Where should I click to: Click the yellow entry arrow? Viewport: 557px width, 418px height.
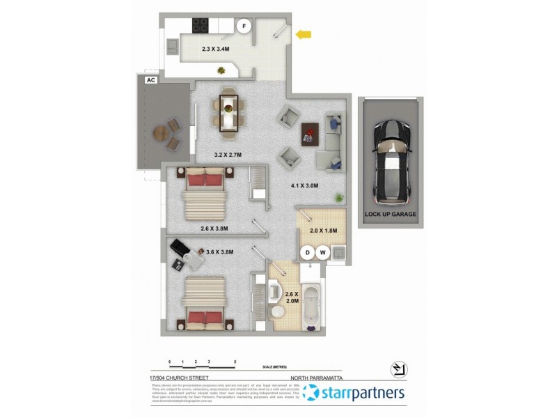[x=303, y=34]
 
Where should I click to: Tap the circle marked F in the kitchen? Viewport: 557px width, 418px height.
[x=244, y=26]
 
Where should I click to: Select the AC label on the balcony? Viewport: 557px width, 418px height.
[x=150, y=81]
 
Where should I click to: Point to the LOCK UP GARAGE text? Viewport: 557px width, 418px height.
[x=390, y=215]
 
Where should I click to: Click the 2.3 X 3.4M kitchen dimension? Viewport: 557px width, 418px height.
[x=216, y=49]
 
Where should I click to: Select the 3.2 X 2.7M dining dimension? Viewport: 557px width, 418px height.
[x=227, y=155]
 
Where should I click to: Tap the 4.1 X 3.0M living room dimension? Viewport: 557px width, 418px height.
[x=304, y=186]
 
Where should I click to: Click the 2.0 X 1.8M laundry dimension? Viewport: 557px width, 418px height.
[x=322, y=231]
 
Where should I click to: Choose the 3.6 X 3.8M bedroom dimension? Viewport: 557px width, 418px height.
[x=219, y=252]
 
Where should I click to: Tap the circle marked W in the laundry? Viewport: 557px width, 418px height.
[x=322, y=252]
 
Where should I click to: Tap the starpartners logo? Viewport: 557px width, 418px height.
[x=355, y=394]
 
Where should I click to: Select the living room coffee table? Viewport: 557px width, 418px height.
[x=309, y=132]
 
